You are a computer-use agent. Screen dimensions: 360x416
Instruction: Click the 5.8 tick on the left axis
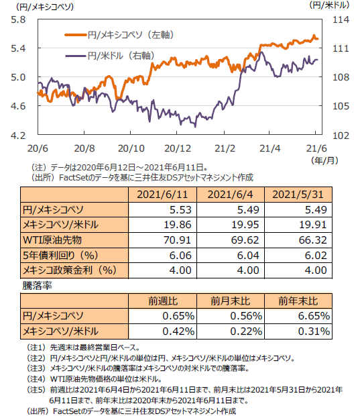pos(18,19)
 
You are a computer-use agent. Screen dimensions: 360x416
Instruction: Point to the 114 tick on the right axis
pos(341,19)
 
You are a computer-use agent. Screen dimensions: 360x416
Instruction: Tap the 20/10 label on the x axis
pos(131,148)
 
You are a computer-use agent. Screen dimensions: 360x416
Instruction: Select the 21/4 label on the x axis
pos(270,148)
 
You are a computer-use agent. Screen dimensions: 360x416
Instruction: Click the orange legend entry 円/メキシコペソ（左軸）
pos(119,35)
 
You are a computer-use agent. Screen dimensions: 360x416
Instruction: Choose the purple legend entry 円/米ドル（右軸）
pos(110,56)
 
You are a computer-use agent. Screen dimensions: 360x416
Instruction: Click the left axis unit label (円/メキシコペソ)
pos(45,7)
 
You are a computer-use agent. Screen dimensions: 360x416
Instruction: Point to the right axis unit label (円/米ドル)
pos(329,5)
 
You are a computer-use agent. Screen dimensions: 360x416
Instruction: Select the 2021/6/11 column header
pos(162,195)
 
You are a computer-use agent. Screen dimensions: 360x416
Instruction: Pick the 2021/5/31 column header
pos(298,195)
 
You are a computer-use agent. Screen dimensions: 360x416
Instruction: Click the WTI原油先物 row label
pos(52,240)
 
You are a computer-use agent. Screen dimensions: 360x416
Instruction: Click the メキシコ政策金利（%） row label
pos(70,270)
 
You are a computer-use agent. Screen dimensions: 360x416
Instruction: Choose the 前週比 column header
pos(163,301)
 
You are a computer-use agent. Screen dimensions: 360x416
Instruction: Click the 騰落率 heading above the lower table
pos(37,286)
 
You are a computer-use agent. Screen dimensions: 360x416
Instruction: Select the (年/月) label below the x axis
pos(324,161)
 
